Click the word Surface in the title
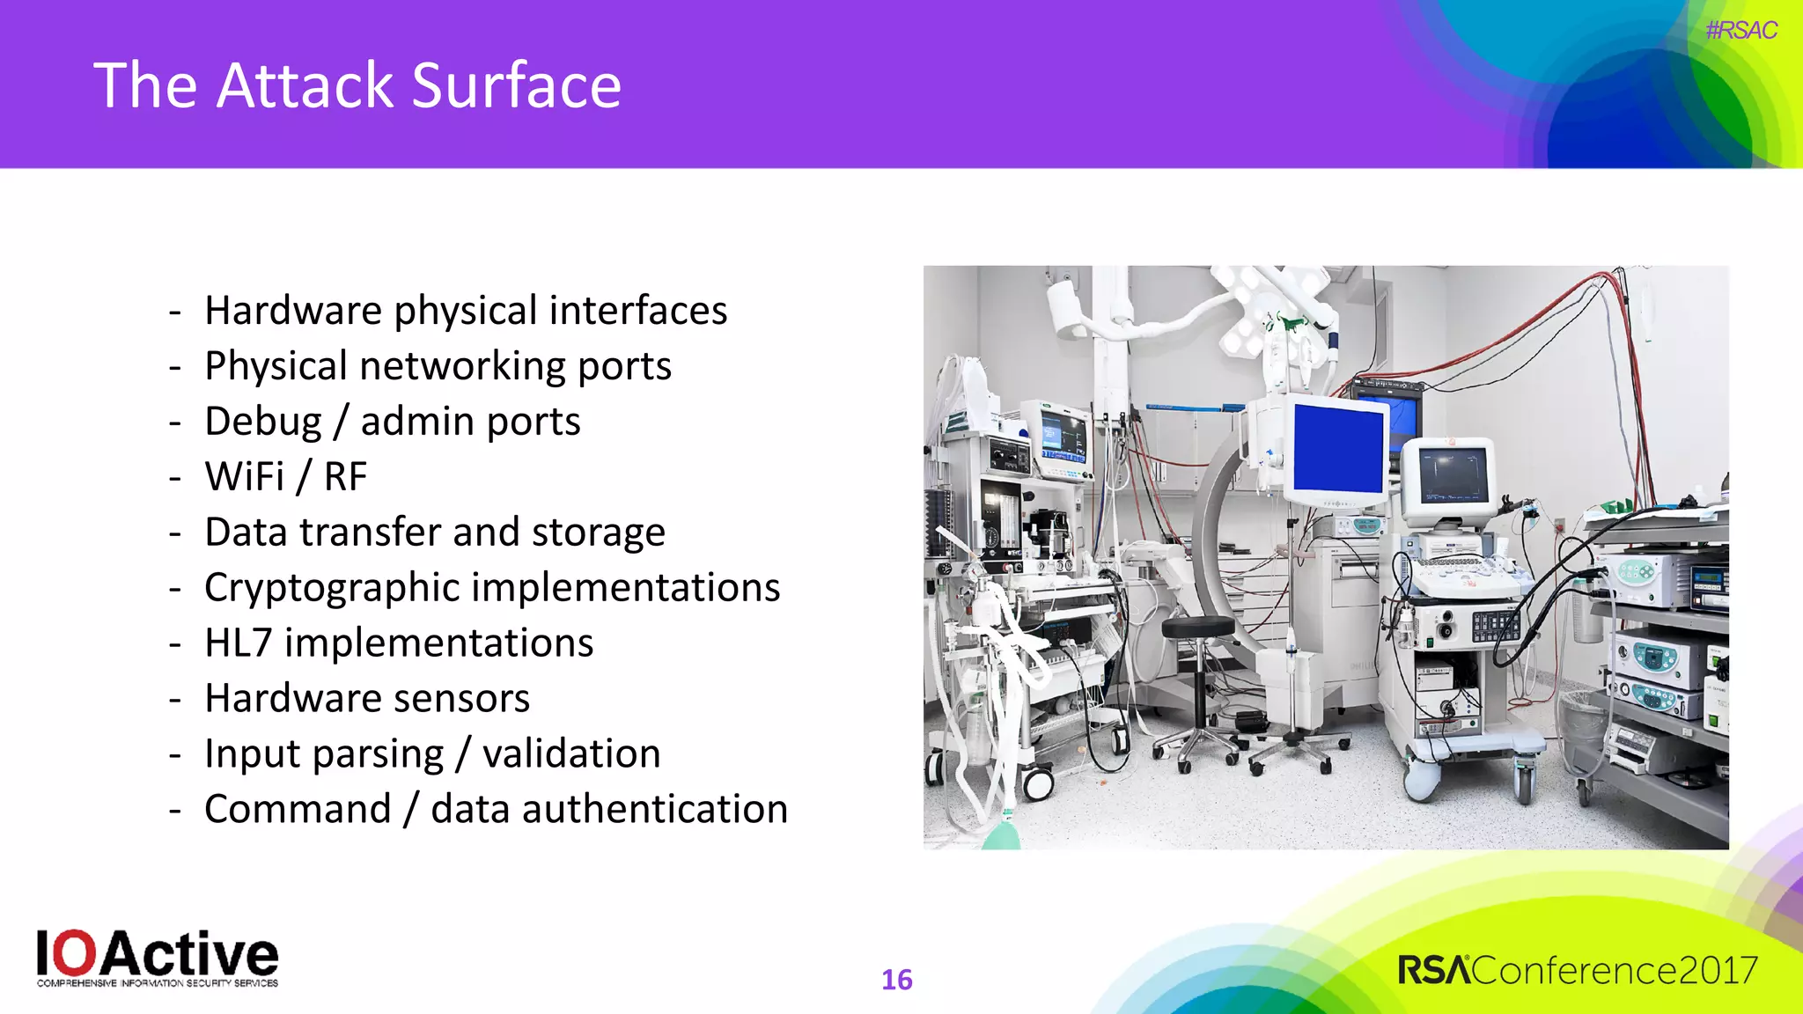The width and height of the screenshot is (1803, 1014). click(x=516, y=86)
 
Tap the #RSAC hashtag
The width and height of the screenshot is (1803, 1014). click(x=1740, y=30)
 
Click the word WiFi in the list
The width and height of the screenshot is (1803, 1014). click(x=245, y=477)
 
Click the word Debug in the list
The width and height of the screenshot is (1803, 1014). click(x=263, y=422)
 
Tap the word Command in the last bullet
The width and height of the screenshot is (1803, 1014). click(x=298, y=809)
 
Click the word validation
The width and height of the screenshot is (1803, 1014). click(x=571, y=754)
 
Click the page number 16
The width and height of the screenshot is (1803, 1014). click(x=896, y=980)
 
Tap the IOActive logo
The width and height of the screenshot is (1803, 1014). click(x=157, y=958)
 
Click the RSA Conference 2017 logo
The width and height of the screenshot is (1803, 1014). click(x=1577, y=970)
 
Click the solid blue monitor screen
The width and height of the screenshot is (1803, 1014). click(x=1338, y=448)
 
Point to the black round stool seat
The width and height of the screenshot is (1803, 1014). click(x=1197, y=627)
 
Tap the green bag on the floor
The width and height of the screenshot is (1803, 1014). click(x=1000, y=835)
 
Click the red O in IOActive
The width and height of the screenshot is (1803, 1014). click(x=77, y=953)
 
